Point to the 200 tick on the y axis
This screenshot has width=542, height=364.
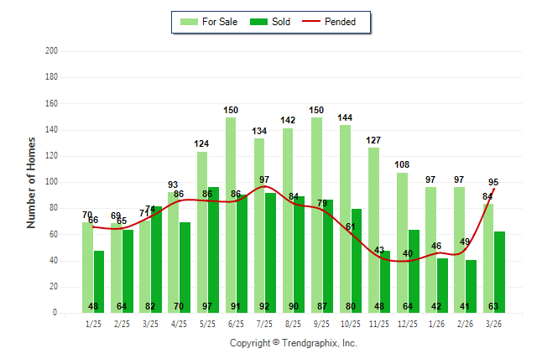[x=51, y=51]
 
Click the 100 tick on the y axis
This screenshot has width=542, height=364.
[x=51, y=182]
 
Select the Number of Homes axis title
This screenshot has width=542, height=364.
[x=32, y=182]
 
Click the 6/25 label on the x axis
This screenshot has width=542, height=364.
[x=236, y=324]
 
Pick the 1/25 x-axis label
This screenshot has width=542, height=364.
[x=93, y=324]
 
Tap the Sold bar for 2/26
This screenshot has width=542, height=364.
[x=471, y=286]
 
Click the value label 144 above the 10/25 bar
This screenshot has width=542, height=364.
[x=345, y=117]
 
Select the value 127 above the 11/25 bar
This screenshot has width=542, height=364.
[x=373, y=140]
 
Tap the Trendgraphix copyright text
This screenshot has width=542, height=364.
[x=294, y=343]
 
